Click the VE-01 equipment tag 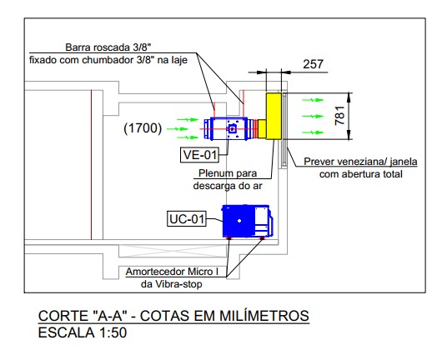click(199, 154)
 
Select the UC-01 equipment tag click(187, 218)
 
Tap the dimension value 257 click(314, 64)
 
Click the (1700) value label click(142, 128)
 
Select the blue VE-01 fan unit click(226, 128)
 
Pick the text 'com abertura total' click(360, 174)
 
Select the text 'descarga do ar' click(228, 186)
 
